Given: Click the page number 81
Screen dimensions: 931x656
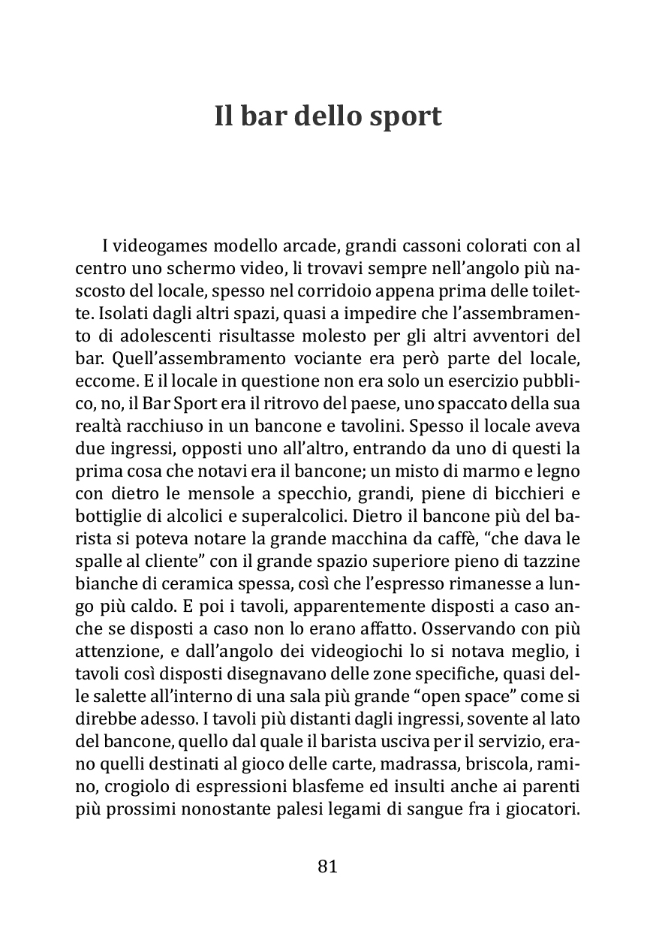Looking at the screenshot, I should (328, 866).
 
